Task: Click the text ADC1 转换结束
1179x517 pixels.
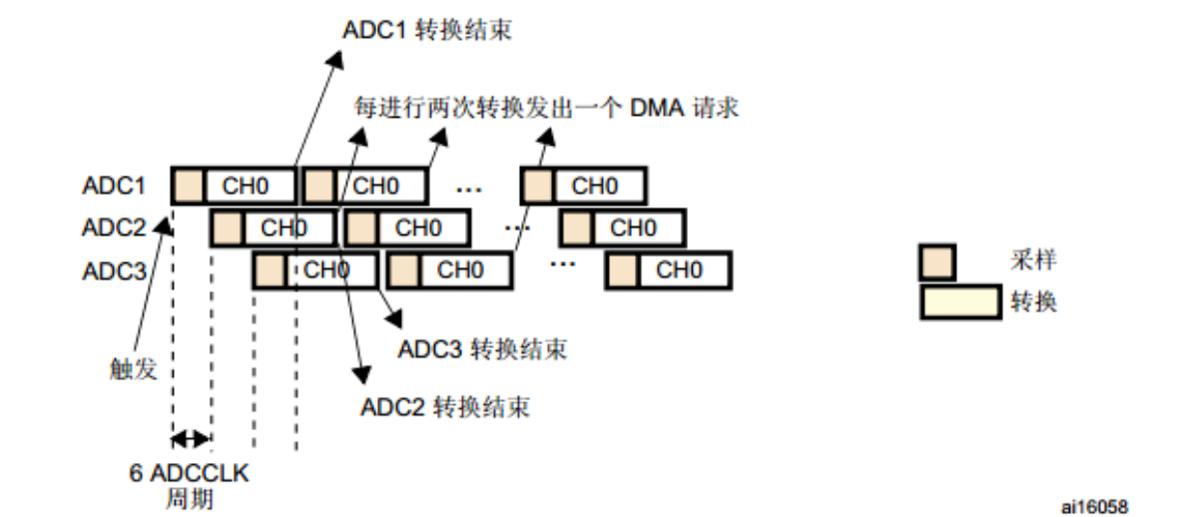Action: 426,31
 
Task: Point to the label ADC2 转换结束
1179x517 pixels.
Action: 445,406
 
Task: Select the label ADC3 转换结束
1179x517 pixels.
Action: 482,348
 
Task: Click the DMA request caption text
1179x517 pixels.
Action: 546,107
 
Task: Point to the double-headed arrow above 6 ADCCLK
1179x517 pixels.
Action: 190,440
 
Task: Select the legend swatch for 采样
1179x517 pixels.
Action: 938,261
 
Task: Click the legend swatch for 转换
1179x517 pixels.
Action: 960,302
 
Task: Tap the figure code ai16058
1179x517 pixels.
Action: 1094,504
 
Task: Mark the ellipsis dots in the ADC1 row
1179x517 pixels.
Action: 469,190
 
